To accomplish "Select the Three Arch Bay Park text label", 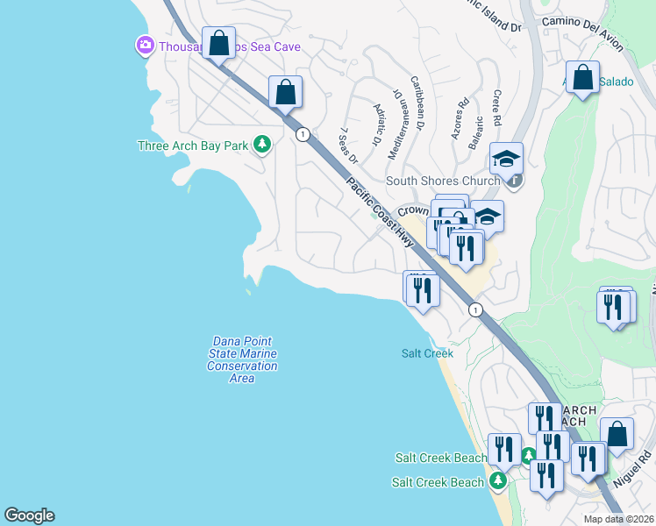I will pyautogui.click(x=194, y=146).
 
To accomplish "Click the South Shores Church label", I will pyautogui.click(x=444, y=181).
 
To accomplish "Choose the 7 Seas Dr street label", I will pyautogui.click(x=348, y=145).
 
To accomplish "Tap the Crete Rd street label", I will pyautogui.click(x=496, y=106).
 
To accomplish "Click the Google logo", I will pyautogui.click(x=29, y=515).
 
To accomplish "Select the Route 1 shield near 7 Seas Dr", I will pyautogui.click(x=303, y=134).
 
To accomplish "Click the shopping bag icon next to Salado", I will pyautogui.click(x=582, y=78).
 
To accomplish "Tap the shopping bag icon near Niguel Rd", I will pyautogui.click(x=617, y=433).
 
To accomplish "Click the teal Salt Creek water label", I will pyautogui.click(x=427, y=353).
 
